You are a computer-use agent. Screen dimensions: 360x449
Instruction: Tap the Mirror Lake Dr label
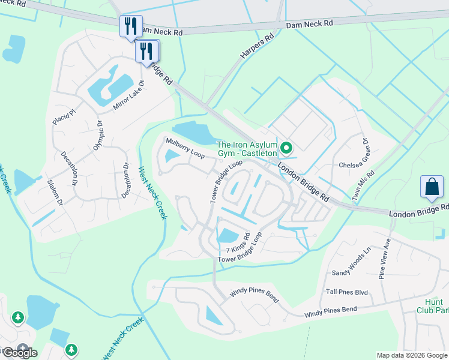pyautogui.click(x=130, y=95)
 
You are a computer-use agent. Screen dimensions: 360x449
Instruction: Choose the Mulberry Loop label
pyautogui.click(x=185, y=147)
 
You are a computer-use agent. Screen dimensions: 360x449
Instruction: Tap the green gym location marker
pyautogui.click(x=287, y=148)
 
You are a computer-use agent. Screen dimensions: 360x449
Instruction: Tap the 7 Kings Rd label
pyautogui.click(x=238, y=246)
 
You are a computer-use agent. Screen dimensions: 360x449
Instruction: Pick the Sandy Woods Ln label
pyautogui.click(x=352, y=263)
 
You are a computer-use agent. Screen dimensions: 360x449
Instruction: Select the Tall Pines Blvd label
pyautogui.click(x=346, y=292)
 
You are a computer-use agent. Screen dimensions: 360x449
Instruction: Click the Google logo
pyautogui.click(x=19, y=352)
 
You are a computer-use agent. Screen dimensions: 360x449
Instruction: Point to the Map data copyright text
pyautogui.click(x=412, y=355)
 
